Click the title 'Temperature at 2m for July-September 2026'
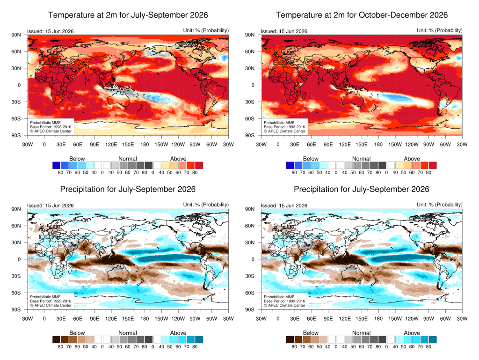point(128,15)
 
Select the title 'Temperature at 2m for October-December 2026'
point(362,15)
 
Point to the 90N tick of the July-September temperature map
point(16,35)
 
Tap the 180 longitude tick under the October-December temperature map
point(378,144)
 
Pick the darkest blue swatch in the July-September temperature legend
point(56,165)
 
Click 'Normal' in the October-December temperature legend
point(362,159)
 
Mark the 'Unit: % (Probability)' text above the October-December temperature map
point(440,30)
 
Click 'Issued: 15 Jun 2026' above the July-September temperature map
point(51,31)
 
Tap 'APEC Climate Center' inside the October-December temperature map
point(287,131)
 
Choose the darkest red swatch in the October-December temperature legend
point(433,165)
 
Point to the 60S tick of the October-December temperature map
point(250,118)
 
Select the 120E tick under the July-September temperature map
point(111,144)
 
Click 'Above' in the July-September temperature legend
point(178,159)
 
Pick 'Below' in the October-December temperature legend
point(311,159)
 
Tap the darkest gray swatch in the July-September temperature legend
point(148,165)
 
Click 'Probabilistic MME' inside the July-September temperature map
point(45,123)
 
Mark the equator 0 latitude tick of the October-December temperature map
point(253,85)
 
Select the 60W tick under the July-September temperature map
point(211,144)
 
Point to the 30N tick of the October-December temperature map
point(250,68)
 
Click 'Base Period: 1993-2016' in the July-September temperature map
point(51,127)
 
